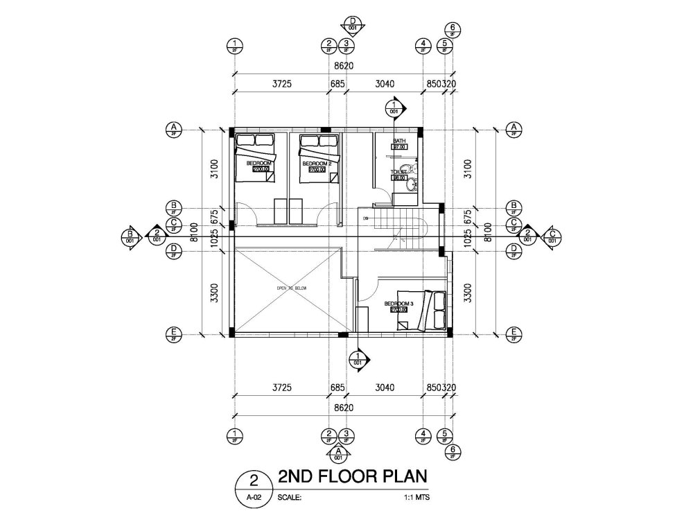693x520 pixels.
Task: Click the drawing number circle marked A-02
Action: pyautogui.click(x=254, y=487)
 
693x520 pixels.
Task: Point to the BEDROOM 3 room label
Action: pyautogui.click(x=398, y=304)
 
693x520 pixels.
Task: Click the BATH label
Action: pyautogui.click(x=398, y=141)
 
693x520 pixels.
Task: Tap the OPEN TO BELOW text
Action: pyautogui.click(x=291, y=288)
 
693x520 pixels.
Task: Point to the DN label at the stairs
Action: pyautogui.click(x=365, y=218)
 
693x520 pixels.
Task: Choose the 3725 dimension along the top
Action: pyautogui.click(x=280, y=84)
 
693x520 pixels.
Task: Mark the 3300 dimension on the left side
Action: pyautogui.click(x=214, y=293)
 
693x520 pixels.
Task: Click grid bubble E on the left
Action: pyautogui.click(x=174, y=334)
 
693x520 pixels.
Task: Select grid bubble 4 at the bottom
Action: pyautogui.click(x=423, y=435)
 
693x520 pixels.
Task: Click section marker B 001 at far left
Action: pyautogui.click(x=130, y=236)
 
